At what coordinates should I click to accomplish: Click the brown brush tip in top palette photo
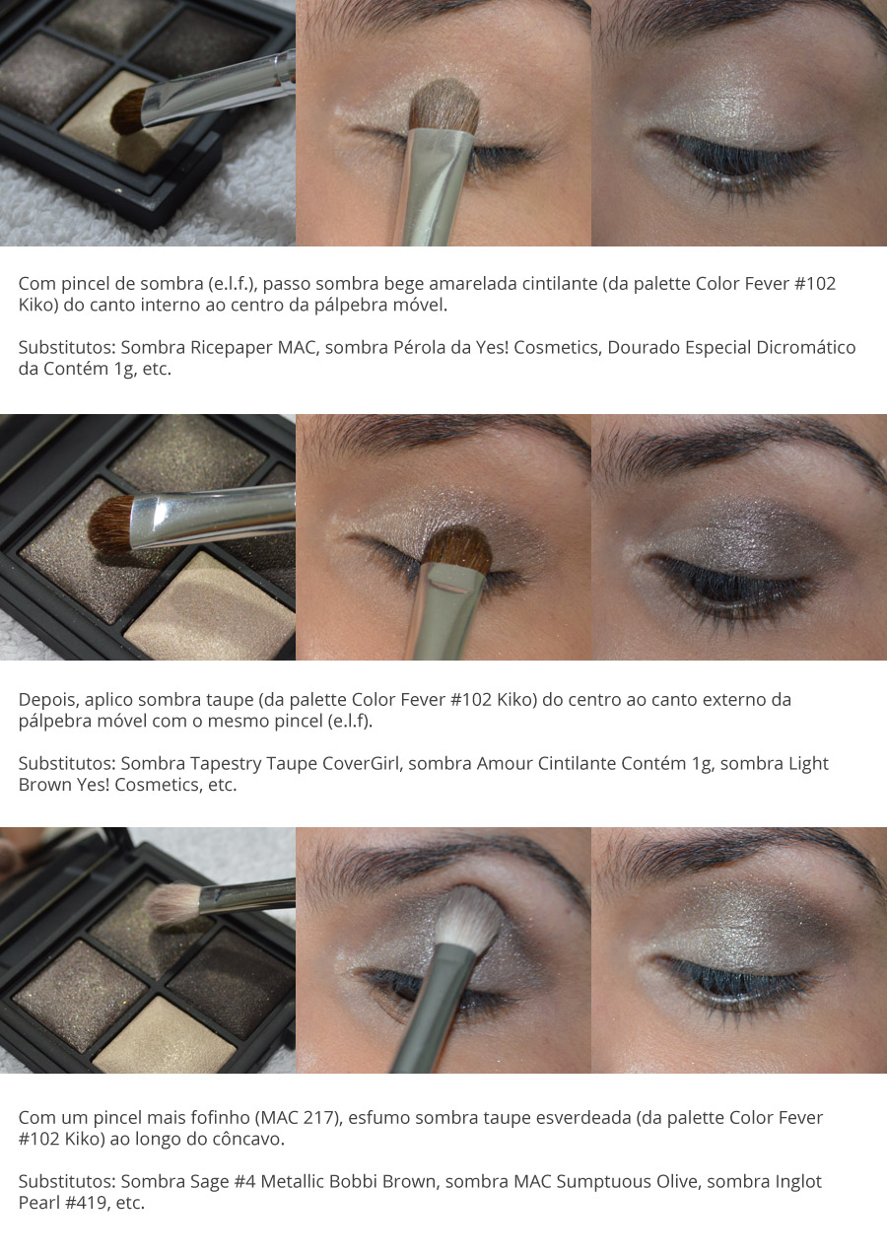pyautogui.click(x=127, y=110)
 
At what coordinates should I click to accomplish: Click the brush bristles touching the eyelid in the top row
pyautogui.click(x=443, y=106)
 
